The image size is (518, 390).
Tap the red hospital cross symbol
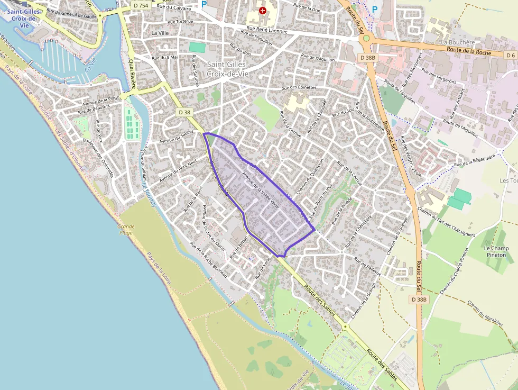[x=263, y=10]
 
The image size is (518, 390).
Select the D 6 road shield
[x=510, y=55]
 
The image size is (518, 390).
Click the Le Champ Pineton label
[x=496, y=251]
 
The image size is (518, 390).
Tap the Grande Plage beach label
[x=126, y=229]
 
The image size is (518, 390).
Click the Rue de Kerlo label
[x=263, y=267]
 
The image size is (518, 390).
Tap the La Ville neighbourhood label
[x=159, y=33]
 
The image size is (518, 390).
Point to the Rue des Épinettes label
[x=299, y=87]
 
